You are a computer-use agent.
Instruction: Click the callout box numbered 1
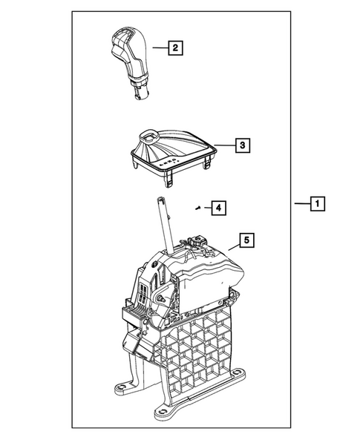(316, 203)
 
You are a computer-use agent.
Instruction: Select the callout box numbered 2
(175, 49)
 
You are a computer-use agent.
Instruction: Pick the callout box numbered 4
(217, 208)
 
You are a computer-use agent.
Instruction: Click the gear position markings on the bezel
(170, 160)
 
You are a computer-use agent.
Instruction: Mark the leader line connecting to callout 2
(159, 49)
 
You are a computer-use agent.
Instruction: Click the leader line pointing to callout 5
(229, 248)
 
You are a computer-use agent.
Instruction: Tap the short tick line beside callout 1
(301, 203)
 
